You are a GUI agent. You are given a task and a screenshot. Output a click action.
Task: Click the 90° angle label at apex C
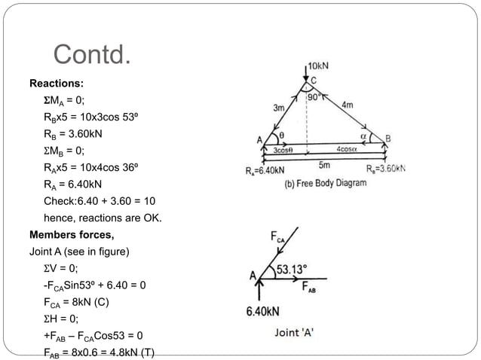click(314, 96)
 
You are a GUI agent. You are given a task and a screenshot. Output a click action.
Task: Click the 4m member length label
click(348, 105)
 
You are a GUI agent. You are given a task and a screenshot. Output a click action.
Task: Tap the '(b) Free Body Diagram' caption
click(324, 183)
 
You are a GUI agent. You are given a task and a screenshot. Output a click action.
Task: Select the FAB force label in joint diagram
click(311, 287)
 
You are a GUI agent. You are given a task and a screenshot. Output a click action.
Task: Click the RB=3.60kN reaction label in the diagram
click(385, 169)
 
